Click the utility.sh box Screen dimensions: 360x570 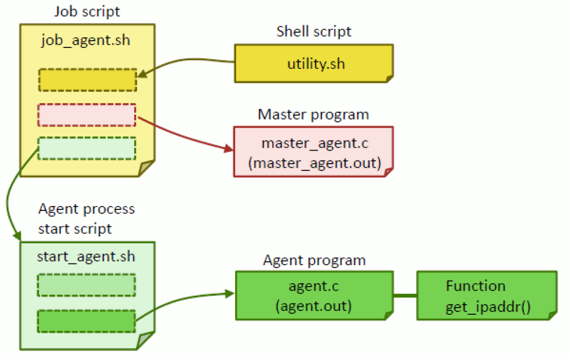[313, 63]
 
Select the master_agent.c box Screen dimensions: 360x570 [313, 151]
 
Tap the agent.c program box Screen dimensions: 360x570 [313, 296]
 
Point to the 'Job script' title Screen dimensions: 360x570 [87, 11]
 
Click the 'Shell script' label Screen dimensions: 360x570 [313, 32]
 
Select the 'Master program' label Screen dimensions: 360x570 [313, 115]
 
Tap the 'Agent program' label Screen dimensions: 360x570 [314, 260]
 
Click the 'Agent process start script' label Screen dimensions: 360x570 [86, 218]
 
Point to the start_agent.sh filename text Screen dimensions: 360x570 [86, 257]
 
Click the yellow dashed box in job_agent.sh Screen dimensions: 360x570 [87, 80]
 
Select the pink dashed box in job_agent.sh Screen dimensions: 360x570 [87, 115]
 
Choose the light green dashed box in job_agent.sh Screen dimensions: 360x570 [87, 148]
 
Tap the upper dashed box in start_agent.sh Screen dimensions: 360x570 [86, 285]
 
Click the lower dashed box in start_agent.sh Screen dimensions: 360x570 [86, 321]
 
